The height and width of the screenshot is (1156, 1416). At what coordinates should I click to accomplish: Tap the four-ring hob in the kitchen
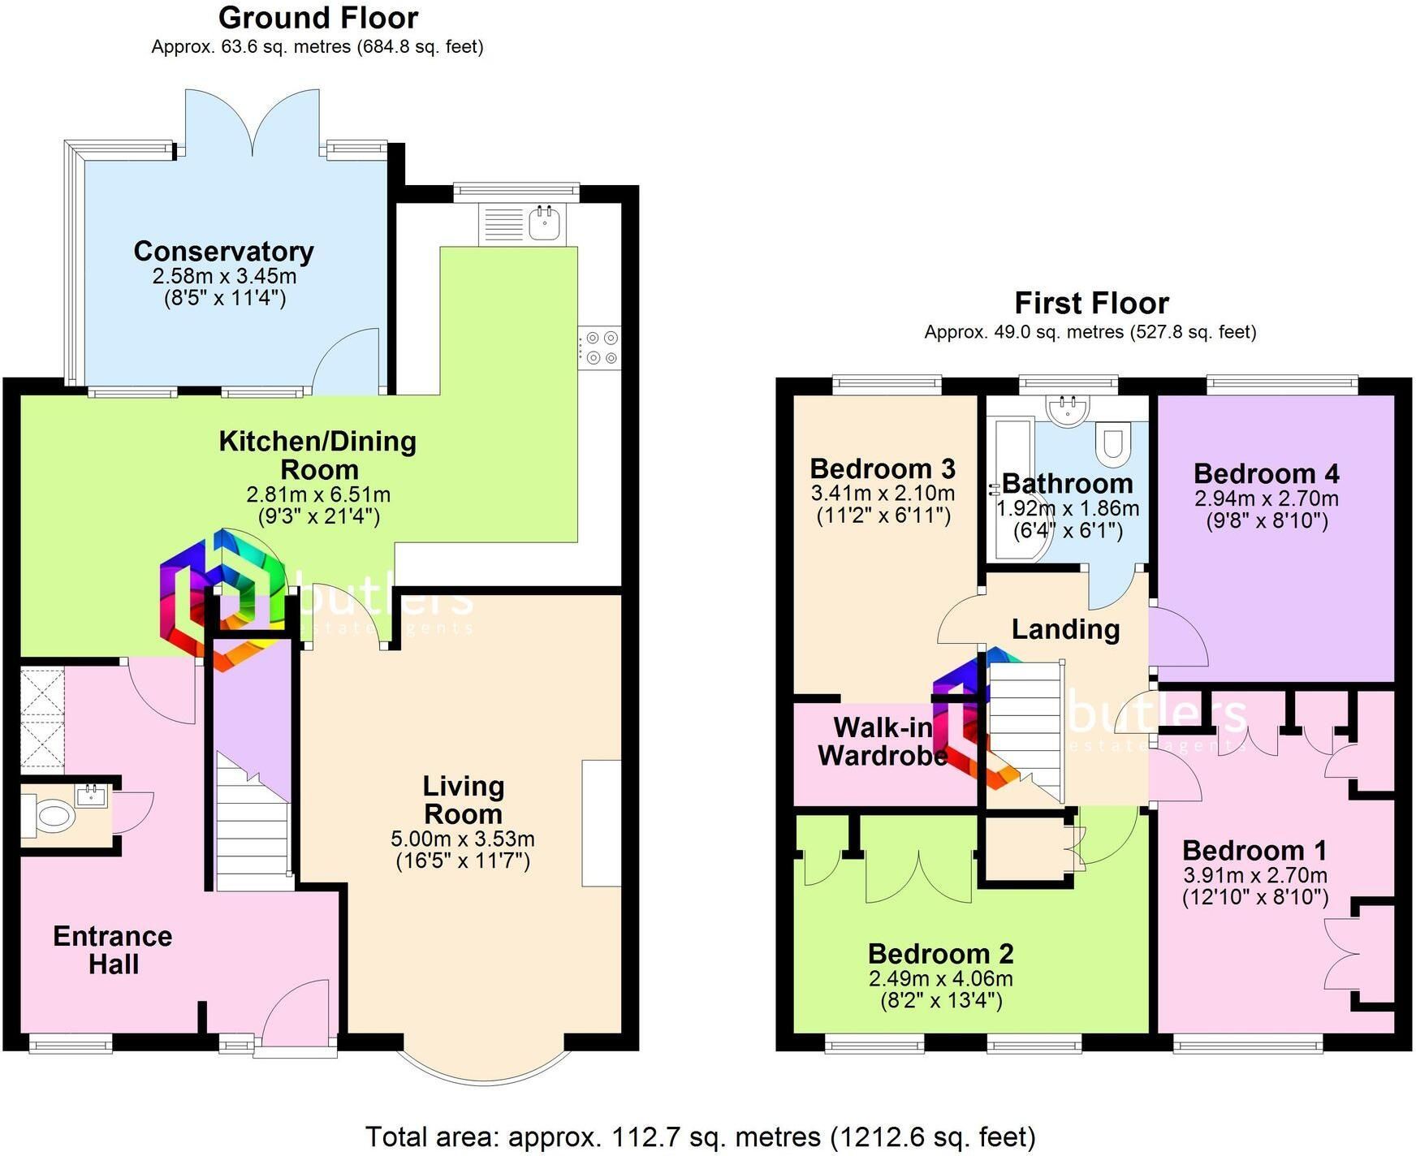599,347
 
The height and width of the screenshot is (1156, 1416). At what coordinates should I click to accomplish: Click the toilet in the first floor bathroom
1112,443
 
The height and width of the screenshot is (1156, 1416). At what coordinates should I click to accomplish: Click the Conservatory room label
223,252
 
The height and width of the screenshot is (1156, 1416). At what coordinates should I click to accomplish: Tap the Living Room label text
464,800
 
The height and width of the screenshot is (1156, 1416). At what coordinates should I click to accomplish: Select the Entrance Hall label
113,950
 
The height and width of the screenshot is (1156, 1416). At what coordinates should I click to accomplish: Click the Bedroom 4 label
1266,473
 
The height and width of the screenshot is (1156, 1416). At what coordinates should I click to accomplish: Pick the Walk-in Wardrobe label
883,741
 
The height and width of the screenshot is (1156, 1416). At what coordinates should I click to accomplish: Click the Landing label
1065,629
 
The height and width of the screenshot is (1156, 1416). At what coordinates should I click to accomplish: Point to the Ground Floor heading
318,17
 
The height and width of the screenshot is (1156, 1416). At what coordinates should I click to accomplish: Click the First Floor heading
1091,303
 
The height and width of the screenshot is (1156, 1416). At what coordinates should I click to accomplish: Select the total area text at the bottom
700,1137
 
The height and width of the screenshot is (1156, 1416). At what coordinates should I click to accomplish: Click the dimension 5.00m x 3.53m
463,839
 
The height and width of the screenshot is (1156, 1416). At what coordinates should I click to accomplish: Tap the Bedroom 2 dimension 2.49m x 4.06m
941,978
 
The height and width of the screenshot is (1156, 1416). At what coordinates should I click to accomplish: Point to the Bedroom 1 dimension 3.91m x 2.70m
1255,875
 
